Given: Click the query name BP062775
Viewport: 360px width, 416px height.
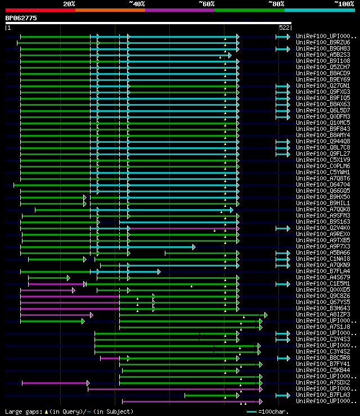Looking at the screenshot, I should pyautogui.click(x=21, y=18).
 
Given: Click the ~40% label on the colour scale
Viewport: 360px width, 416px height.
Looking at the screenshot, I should pyautogui.click(x=137, y=3).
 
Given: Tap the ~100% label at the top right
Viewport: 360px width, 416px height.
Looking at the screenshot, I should pyautogui.click(x=344, y=3).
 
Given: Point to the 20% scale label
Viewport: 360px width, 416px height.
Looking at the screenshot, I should pyautogui.click(x=69, y=3).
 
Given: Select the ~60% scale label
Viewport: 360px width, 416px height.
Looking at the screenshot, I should pyautogui.click(x=206, y=3).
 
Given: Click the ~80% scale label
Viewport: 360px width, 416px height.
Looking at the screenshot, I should pyautogui.click(x=276, y=3).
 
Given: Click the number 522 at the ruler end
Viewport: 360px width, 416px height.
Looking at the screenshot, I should pyautogui.click(x=284, y=27).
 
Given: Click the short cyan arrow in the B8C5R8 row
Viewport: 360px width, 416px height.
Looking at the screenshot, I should pyautogui.click(x=283, y=358).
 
